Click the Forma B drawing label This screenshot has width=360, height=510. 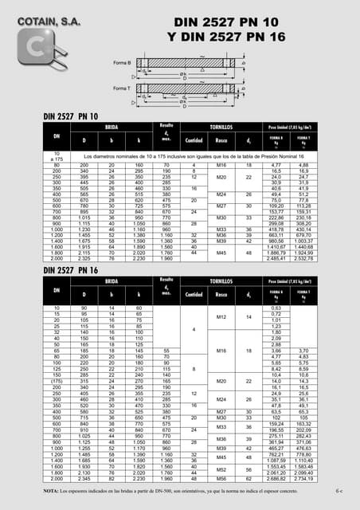tap(122, 61)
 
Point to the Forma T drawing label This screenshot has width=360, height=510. tap(122, 88)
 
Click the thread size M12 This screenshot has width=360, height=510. tap(222, 319)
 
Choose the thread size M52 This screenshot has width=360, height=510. tap(222, 470)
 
